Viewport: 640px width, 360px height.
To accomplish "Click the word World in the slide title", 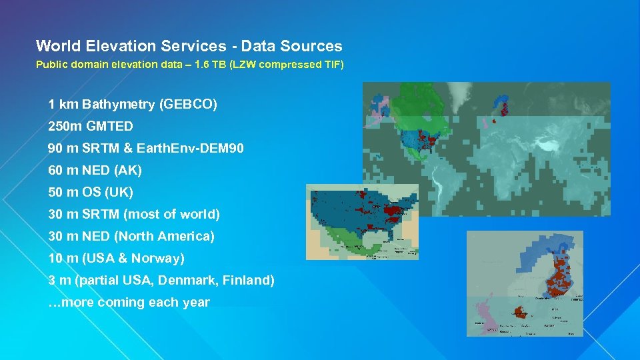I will coord(57,46).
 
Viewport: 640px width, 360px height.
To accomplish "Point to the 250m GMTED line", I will coord(91,126).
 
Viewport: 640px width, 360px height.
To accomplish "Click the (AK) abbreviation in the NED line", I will coord(128,170).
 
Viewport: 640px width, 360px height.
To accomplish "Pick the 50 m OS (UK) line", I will coord(91,192).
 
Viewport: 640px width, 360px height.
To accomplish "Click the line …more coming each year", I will coord(129,302).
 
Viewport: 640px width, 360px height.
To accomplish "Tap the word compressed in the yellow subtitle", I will coord(287,65).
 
